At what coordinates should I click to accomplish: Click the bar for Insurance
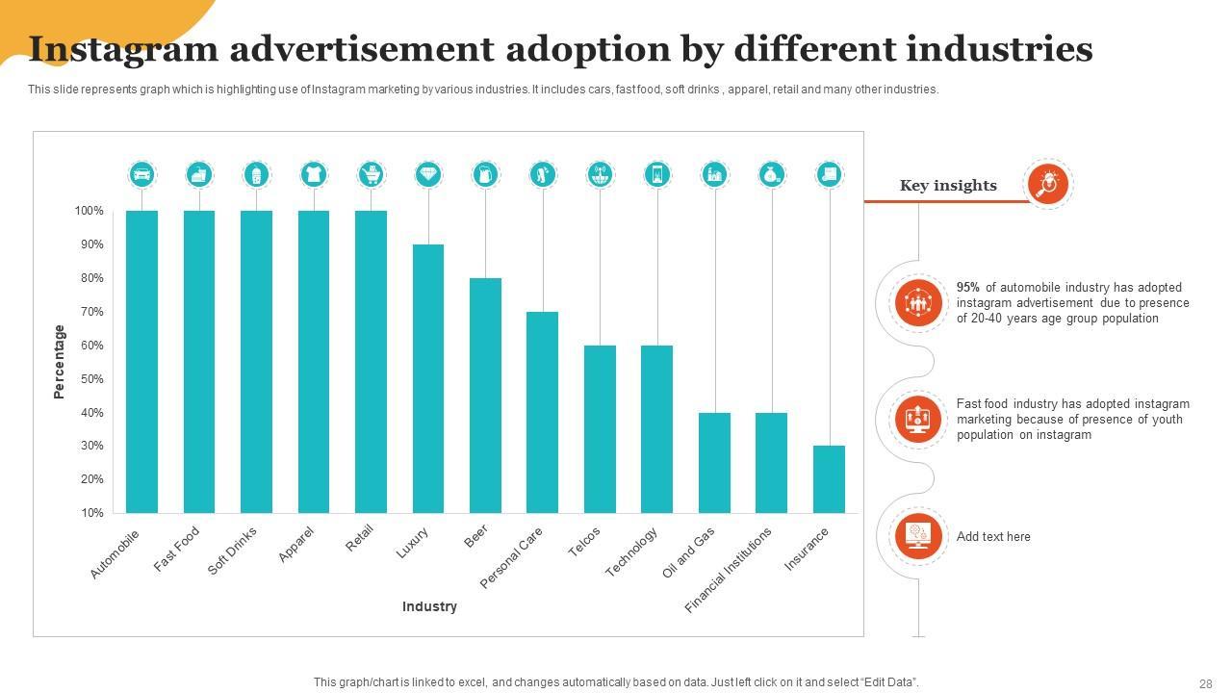tap(829, 478)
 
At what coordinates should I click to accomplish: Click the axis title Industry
tap(429, 606)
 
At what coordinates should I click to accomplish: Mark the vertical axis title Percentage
tap(60, 362)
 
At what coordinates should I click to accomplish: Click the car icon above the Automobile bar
tap(142, 174)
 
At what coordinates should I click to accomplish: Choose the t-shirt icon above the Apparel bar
tap(314, 174)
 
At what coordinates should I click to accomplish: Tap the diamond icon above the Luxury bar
tap(428, 174)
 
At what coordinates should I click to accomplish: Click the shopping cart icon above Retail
tap(371, 174)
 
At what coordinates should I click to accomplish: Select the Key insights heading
tap(948, 186)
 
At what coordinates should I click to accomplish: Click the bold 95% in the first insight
tap(968, 288)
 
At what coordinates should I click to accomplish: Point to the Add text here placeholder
tap(993, 537)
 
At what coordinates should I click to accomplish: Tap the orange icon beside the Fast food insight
tap(917, 420)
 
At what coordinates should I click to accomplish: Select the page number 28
tap(1206, 683)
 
